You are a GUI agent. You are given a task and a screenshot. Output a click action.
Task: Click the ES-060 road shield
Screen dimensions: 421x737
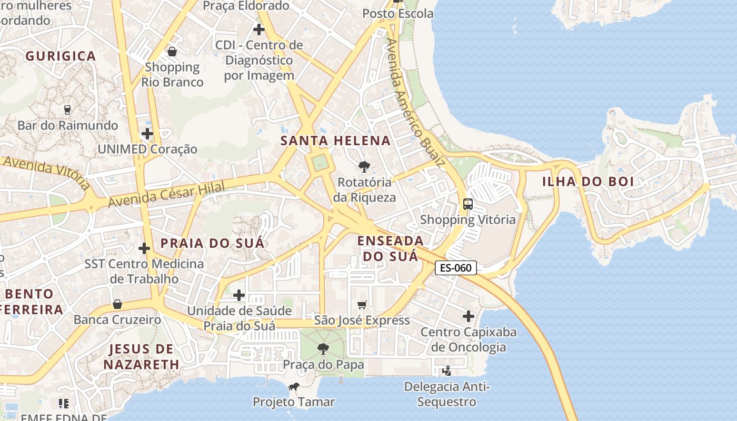[x=456, y=268]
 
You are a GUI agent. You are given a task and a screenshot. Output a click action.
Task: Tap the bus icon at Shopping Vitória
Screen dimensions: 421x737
[x=467, y=204]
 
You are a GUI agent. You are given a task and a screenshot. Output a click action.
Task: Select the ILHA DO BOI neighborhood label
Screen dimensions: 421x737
[x=588, y=182]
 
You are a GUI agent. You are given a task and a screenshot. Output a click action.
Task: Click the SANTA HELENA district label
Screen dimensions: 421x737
[x=335, y=141]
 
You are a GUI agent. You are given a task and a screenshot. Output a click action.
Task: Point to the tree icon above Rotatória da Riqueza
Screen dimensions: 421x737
[x=363, y=167]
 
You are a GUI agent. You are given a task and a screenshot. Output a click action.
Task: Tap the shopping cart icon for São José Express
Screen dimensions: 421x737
[x=362, y=305]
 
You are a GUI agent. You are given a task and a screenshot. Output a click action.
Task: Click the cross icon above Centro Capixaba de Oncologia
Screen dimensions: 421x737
[x=468, y=316]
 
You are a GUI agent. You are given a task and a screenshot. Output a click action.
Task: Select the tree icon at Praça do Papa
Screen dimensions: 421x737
[x=323, y=348]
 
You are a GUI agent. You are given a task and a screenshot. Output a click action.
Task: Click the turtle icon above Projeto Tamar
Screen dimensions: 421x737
[x=293, y=387]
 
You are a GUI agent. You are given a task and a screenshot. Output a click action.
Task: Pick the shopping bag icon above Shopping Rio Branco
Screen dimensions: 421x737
[x=172, y=52]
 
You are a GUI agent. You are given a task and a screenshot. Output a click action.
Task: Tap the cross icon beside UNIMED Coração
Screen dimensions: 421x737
[x=147, y=134]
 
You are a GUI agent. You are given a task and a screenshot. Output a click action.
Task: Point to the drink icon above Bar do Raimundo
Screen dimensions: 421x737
[x=67, y=109]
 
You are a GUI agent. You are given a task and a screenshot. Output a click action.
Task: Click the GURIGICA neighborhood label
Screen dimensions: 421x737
[x=61, y=56]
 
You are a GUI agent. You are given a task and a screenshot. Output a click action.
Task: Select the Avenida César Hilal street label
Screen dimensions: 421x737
[x=166, y=194]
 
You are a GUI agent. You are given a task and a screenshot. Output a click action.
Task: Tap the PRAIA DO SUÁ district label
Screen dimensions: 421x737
[x=212, y=243]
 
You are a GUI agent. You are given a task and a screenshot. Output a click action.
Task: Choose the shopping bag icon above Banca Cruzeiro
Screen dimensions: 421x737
[x=117, y=304]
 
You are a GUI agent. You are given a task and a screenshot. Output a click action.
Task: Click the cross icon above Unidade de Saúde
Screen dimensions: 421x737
[x=239, y=295]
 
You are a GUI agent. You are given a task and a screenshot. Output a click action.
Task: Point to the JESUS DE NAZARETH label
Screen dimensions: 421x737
[x=141, y=356]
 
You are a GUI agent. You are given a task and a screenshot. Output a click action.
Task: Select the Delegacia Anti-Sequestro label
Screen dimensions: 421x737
[x=447, y=395]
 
